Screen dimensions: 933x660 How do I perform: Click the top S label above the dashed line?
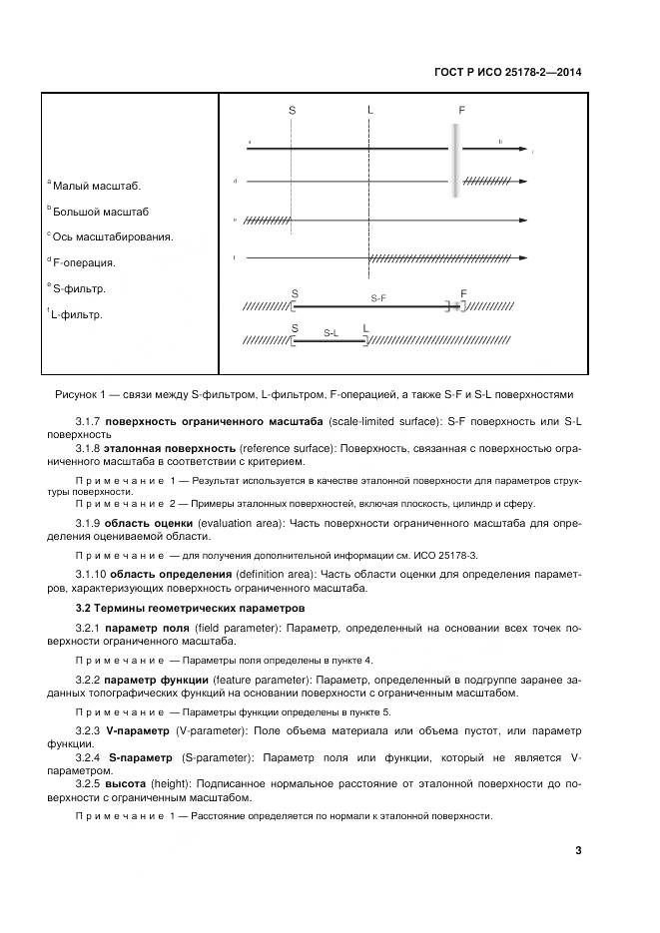point(292,110)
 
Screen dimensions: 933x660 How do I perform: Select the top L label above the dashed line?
point(369,110)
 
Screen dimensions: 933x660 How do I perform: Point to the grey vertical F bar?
point(454,160)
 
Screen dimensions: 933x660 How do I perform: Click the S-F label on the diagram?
point(378,298)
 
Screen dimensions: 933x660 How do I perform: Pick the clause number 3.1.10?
point(90,575)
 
